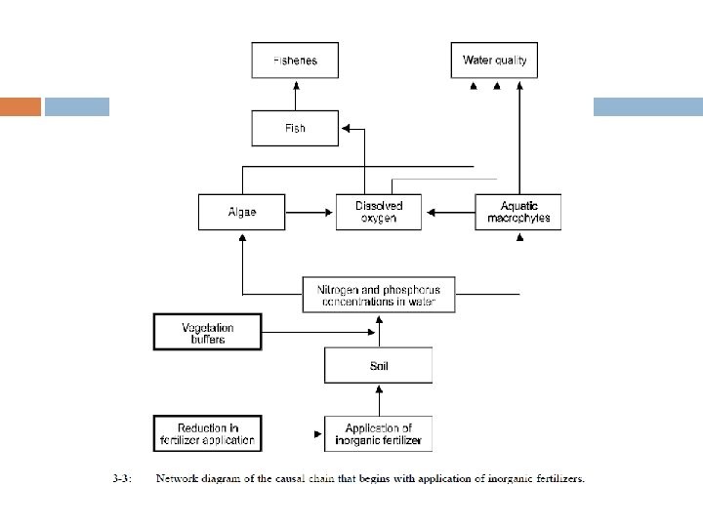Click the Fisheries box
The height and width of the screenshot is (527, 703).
pyautogui.click(x=295, y=61)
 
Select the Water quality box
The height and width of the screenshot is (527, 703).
pyautogui.click(x=494, y=61)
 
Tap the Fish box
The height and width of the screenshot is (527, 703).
pyautogui.click(x=295, y=129)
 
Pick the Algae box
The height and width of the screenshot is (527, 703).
pyautogui.click(x=242, y=212)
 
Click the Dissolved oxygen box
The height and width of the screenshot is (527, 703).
pyautogui.click(x=379, y=212)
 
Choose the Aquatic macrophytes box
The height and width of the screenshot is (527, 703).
pyautogui.click(x=518, y=212)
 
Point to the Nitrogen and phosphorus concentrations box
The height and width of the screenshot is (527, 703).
pyautogui.click(x=379, y=296)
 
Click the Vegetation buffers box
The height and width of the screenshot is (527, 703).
pyautogui.click(x=208, y=333)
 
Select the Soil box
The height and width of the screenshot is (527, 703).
pyautogui.click(x=379, y=367)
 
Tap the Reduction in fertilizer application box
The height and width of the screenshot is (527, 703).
pyautogui.click(x=208, y=433)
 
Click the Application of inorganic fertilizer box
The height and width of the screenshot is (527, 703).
pyautogui.click(x=379, y=433)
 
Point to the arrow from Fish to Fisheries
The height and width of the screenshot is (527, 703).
pyautogui.click(x=295, y=95)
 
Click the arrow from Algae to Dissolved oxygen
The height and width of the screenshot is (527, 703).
pyautogui.click(x=310, y=212)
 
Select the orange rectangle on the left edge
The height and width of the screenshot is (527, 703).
pyautogui.click(x=20, y=106)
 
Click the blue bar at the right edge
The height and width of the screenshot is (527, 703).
pyautogui.click(x=648, y=106)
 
